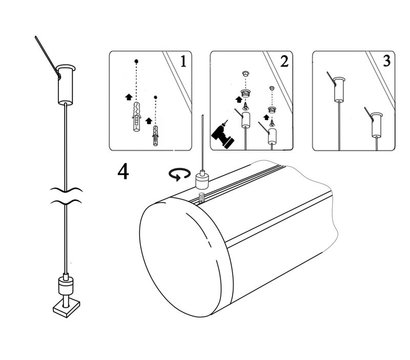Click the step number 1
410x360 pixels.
[x=183, y=61]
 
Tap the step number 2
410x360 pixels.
[x=284, y=61]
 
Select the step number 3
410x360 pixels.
[x=386, y=61]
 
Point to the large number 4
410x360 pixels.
[x=123, y=172]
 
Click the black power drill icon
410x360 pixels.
[x=222, y=135]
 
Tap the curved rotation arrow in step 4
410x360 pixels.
[x=180, y=174]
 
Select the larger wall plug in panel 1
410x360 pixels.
[x=137, y=117]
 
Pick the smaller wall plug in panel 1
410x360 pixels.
[x=155, y=135]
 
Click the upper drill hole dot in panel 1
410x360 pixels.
[x=136, y=61]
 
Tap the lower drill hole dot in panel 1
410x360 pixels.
[x=155, y=97]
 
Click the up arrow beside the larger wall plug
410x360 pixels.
[x=128, y=97]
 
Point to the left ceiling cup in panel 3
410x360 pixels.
[x=338, y=89]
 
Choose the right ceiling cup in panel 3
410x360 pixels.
[x=377, y=124]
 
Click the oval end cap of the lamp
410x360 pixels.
[x=185, y=256]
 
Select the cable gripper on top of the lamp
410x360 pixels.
[x=202, y=178]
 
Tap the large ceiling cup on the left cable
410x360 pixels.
[x=65, y=85]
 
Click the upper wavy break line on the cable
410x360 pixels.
[x=66, y=190]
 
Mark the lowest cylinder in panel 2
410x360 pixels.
[x=273, y=137]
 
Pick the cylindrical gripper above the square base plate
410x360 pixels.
[x=66, y=286]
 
